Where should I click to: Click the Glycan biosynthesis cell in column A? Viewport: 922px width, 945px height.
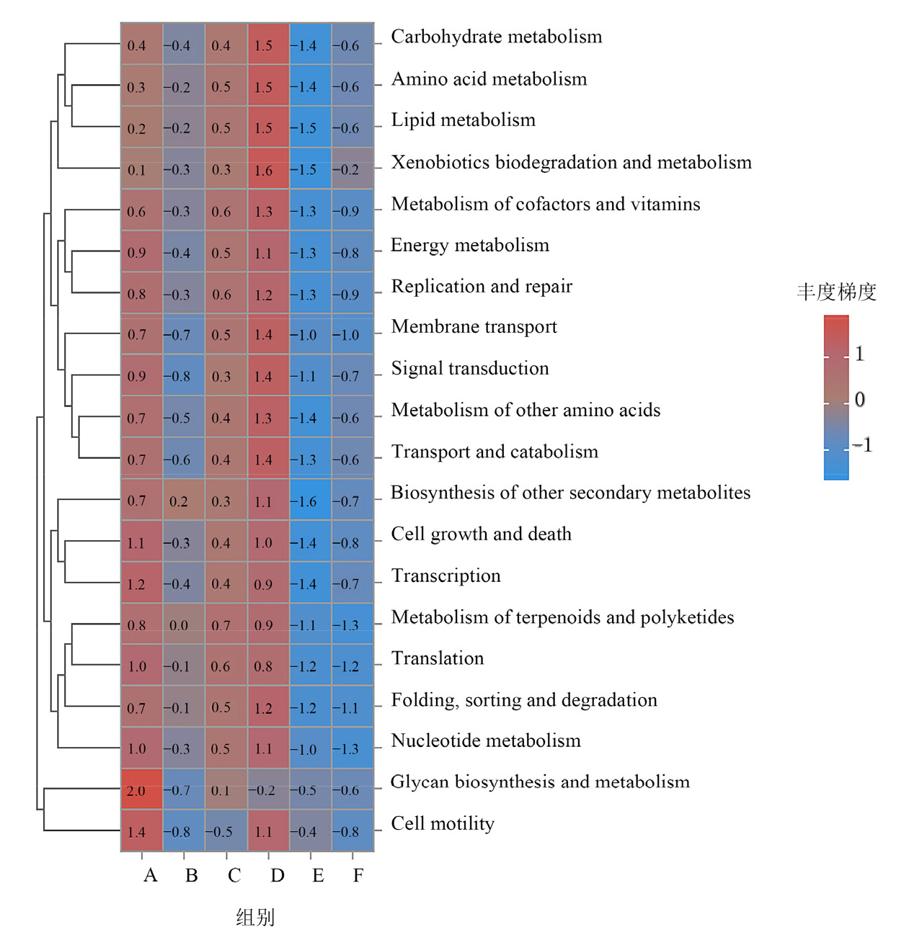(141, 789)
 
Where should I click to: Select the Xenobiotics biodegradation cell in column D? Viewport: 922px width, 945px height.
(268, 168)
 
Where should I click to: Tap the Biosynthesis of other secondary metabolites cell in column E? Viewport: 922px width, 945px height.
(311, 499)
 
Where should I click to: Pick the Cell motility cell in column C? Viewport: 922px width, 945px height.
(226, 830)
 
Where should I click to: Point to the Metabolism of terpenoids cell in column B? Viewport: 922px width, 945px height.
(184, 624)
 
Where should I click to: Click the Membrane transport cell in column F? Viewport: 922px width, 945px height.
(353, 333)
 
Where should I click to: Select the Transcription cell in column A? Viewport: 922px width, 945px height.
(141, 582)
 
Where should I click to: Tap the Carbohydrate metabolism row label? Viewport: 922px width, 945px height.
(496, 37)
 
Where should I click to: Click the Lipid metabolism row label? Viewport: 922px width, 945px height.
(464, 120)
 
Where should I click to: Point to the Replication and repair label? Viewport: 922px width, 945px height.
(482, 286)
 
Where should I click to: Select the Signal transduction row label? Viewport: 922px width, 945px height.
(470, 369)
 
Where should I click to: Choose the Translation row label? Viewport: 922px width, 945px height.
(438, 658)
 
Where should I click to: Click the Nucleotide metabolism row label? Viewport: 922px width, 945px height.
(486, 740)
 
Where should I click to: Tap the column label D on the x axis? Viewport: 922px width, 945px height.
(278, 876)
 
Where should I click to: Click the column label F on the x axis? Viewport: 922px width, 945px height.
(358, 876)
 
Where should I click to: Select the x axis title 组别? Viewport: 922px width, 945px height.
(256, 918)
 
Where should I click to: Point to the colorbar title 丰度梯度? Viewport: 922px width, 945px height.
(836, 292)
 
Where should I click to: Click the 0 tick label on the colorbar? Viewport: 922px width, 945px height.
(860, 400)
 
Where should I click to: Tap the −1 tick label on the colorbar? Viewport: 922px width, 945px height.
(863, 445)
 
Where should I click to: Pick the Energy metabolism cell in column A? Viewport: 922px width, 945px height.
(141, 251)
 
